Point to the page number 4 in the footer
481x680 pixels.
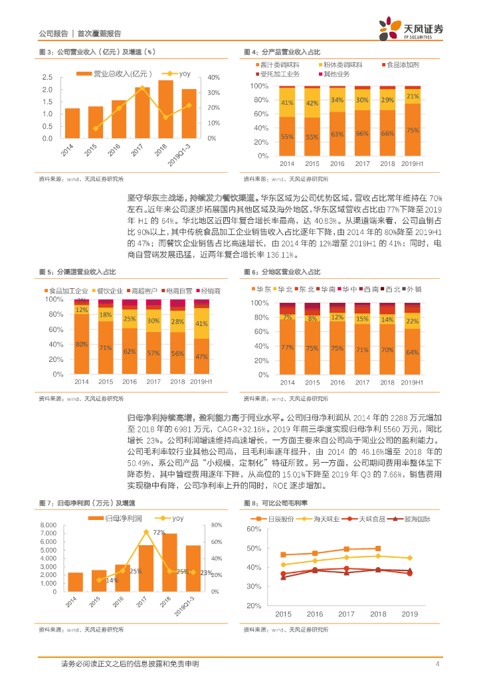[x=437, y=664]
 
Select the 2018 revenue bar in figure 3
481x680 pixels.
[x=165, y=110]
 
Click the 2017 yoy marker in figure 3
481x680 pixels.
[x=142, y=88]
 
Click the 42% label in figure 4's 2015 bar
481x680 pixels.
[x=312, y=103]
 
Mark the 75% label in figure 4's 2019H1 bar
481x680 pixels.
[x=412, y=130]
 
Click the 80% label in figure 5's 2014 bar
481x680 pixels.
[x=82, y=344]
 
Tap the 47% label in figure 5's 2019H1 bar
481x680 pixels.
[x=201, y=357]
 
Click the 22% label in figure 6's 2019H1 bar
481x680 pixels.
[x=412, y=321]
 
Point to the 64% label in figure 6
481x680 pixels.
[x=412, y=352]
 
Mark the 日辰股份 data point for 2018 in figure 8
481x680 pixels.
[x=379, y=549]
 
